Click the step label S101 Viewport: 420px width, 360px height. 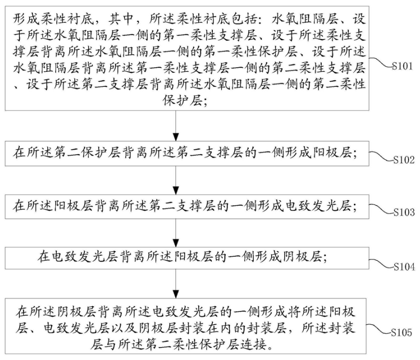(404, 67)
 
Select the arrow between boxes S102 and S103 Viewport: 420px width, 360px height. (179, 180)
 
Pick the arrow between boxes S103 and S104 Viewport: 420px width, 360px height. (179, 233)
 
